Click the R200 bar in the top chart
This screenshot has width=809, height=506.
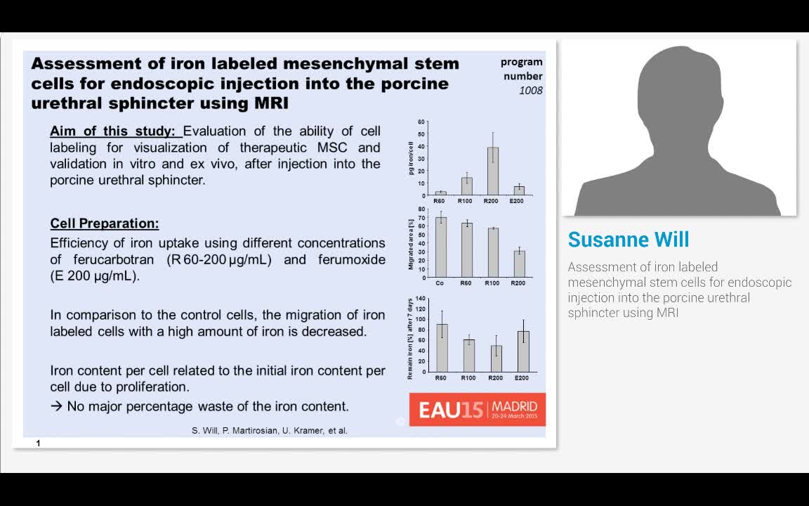coord(493,171)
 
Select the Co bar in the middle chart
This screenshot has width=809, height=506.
coord(441,247)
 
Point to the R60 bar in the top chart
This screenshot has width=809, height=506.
coord(441,193)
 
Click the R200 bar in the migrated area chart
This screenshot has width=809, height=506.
coord(518,264)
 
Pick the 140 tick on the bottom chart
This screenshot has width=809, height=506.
coord(421,299)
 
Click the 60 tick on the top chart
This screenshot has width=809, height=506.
coord(421,122)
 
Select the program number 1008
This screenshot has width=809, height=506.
coord(530,91)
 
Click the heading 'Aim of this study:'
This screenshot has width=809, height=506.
coord(115,131)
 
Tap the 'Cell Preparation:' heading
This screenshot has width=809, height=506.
coord(105,223)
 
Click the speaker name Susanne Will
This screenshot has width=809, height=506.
coord(629,240)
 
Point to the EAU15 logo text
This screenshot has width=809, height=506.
coord(450,410)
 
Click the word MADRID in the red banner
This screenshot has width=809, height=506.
coord(515,406)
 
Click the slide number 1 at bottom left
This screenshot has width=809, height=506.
coord(38,443)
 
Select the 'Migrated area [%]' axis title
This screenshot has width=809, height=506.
coord(411,243)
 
